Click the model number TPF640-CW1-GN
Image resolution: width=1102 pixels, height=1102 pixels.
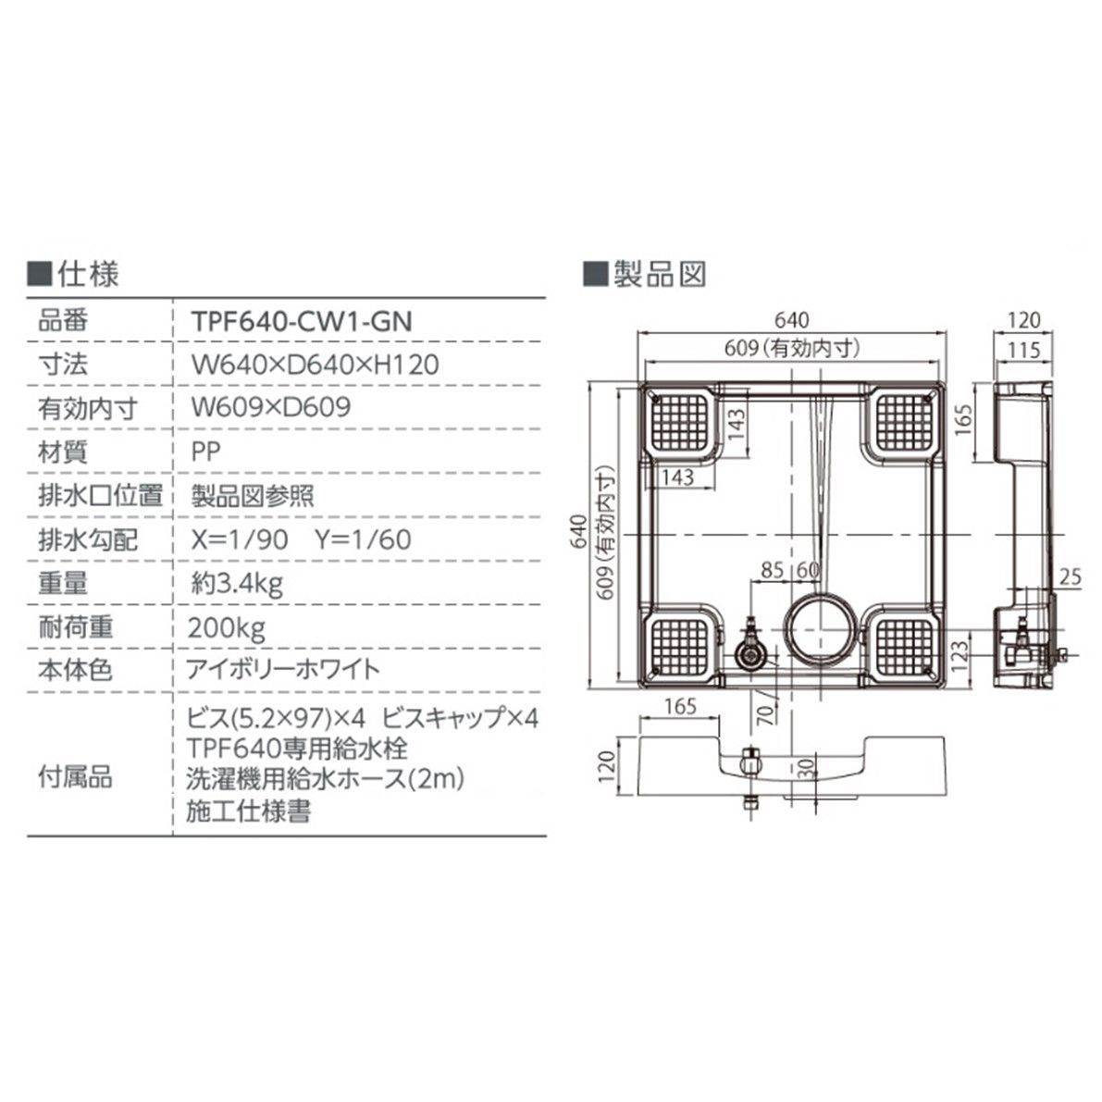click(x=300, y=320)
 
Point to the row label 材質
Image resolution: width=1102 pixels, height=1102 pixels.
click(x=62, y=451)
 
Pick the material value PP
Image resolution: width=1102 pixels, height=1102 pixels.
click(x=207, y=451)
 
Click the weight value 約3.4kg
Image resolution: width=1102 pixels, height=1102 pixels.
click(x=235, y=583)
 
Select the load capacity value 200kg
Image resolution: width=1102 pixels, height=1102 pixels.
click(x=226, y=628)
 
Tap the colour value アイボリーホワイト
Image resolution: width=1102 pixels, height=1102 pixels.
click(x=285, y=670)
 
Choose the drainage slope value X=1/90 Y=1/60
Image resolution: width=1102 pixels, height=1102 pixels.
click(x=300, y=539)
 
